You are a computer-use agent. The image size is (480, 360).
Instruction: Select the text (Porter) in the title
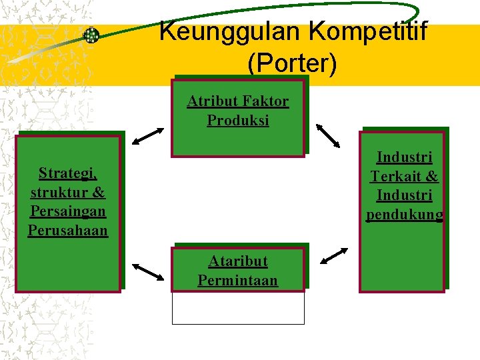(x=292, y=63)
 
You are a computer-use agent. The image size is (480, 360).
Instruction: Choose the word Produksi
(x=238, y=121)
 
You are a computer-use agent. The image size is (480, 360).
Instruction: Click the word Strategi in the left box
(x=68, y=174)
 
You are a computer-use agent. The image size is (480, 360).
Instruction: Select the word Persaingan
(x=68, y=212)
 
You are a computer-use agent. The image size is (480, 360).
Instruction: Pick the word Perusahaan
(x=68, y=231)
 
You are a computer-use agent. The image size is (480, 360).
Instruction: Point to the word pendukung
(x=404, y=215)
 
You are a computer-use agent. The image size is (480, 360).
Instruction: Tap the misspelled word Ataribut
(x=238, y=261)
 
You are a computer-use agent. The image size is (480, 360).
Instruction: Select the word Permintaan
(x=238, y=280)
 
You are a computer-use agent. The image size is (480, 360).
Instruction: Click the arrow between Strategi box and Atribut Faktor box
(x=148, y=135)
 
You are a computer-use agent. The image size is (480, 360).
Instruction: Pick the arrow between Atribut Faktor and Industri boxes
(x=328, y=135)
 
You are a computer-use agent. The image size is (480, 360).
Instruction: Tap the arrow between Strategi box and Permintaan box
(x=148, y=271)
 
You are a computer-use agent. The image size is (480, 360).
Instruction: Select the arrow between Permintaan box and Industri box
(x=333, y=256)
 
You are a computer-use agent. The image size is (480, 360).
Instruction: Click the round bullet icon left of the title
(x=91, y=35)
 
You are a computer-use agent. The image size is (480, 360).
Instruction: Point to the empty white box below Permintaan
(x=238, y=308)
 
